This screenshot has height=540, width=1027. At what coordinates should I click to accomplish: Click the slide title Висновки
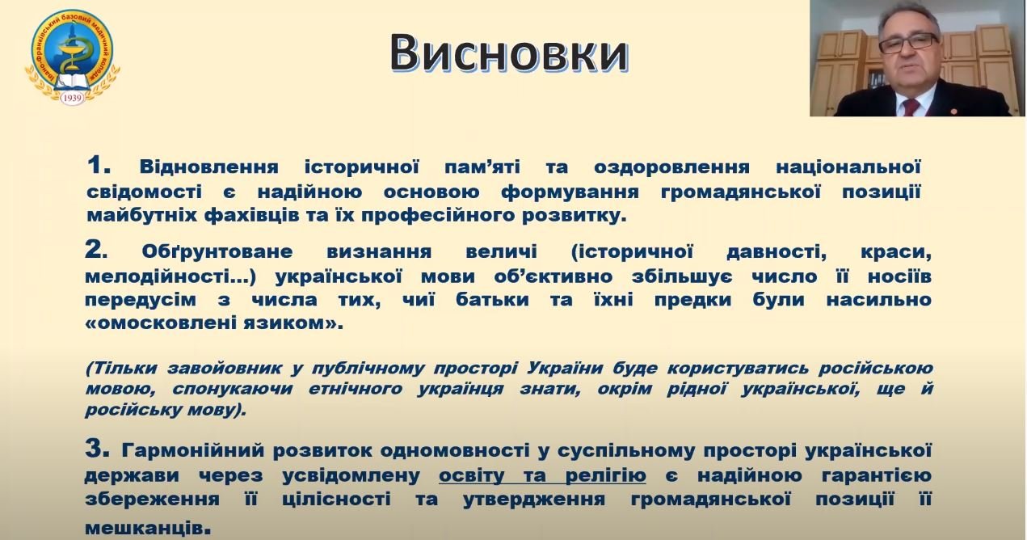[509, 53]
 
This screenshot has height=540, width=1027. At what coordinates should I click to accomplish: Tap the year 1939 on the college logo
[72, 98]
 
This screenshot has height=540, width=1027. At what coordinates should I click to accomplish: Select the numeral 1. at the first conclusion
[99, 165]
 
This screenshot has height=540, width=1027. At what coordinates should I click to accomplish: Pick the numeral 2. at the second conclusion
[97, 250]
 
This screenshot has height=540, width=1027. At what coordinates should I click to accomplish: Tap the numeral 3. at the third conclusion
[97, 449]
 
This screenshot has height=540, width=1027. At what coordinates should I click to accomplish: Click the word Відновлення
[209, 167]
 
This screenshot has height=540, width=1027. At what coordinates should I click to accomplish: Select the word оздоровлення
[671, 167]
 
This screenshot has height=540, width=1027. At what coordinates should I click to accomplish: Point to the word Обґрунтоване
[217, 252]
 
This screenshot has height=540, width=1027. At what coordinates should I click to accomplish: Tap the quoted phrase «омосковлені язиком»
[213, 323]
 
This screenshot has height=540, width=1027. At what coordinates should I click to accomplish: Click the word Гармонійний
[193, 451]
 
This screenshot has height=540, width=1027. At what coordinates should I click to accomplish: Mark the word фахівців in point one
[252, 215]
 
